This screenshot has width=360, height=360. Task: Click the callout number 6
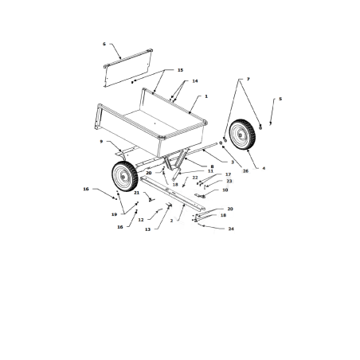click(x=104, y=44)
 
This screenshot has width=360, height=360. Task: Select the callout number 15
click(x=180, y=70)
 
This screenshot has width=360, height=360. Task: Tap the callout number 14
click(x=194, y=81)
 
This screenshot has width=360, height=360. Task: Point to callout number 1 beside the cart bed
click(x=205, y=96)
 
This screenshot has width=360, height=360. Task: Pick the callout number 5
click(x=280, y=100)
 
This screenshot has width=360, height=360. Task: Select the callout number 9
click(x=101, y=141)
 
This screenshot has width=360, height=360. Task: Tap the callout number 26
click(x=223, y=170)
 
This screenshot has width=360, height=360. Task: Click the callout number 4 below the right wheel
click(x=264, y=168)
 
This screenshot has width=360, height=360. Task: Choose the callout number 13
click(x=147, y=229)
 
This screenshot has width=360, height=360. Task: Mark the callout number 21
click(x=136, y=193)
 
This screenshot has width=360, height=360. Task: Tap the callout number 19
click(x=114, y=214)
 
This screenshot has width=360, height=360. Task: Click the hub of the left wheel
click(x=123, y=175)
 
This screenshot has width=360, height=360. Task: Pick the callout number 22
click(x=194, y=177)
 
